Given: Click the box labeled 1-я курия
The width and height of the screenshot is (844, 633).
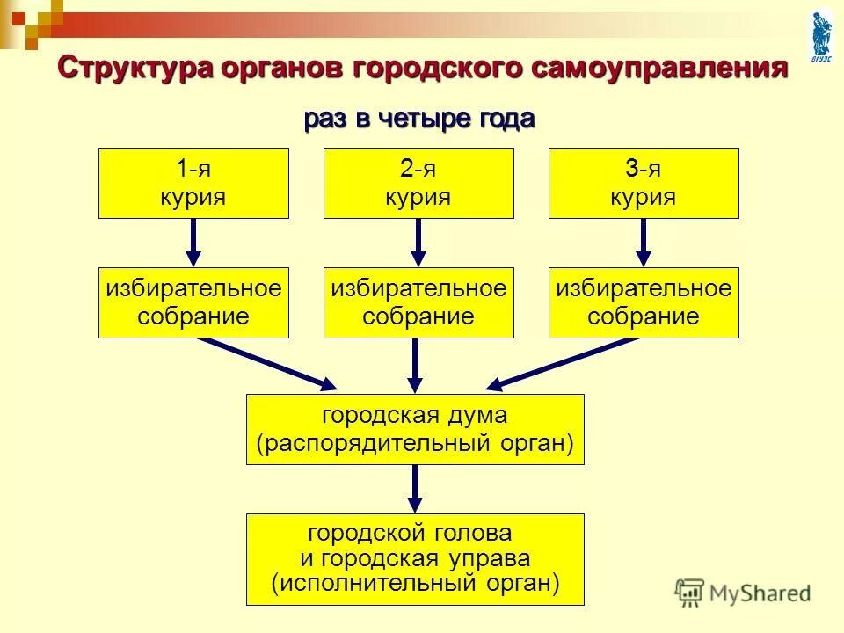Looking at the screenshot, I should (193, 183).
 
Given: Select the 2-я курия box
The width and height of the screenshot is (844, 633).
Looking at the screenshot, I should (418, 183).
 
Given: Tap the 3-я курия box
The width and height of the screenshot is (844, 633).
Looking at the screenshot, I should (644, 183).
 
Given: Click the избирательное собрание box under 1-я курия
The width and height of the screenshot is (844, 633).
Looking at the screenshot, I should (193, 302).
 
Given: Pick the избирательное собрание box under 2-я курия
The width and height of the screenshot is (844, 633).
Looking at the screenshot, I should (418, 302).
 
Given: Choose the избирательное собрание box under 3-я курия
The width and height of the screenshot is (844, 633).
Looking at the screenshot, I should (644, 302).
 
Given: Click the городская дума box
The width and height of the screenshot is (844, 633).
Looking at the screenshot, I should (415, 429).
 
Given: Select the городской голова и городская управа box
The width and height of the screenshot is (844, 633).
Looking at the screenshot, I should (415, 559).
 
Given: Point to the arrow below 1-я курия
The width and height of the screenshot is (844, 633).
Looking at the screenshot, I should (193, 242).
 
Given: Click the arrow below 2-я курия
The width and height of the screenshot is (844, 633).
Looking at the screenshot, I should (418, 242).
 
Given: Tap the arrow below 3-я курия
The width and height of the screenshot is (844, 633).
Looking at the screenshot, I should (644, 242).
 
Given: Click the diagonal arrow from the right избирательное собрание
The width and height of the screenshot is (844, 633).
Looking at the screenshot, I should (563, 363).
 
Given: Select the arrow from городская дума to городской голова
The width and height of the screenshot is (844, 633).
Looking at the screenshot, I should (415, 488).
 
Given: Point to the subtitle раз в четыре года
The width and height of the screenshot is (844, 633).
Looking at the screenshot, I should (419, 119).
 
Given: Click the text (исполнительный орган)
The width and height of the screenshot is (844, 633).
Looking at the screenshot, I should (415, 582).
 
